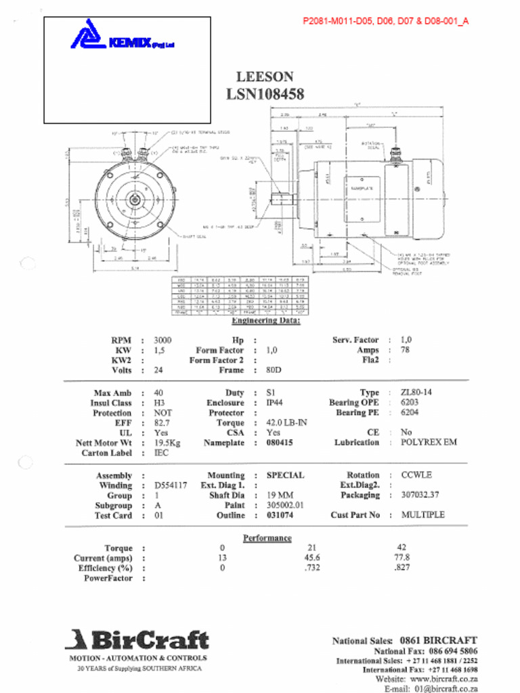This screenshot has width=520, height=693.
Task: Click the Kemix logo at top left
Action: coord(122,39)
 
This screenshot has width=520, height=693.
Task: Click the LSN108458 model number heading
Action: coord(265,94)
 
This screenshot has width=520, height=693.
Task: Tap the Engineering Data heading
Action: coord(265,320)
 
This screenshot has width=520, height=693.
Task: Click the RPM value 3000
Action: coord(162,340)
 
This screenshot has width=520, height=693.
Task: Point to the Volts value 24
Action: coord(158,370)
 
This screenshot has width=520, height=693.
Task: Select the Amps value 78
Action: coord(405,350)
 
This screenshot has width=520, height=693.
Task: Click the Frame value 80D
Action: coord(274,370)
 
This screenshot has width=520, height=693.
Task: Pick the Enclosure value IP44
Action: coord(275,403)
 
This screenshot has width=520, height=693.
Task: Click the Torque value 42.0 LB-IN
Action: coord(286,422)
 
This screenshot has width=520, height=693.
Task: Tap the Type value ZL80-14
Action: coord(416,393)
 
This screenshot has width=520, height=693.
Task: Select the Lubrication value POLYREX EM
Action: coord(429,442)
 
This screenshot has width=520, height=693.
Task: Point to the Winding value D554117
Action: coord(171,485)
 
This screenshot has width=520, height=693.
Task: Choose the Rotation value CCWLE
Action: coord(416,475)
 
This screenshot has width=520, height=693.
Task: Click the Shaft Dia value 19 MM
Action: coord(280,495)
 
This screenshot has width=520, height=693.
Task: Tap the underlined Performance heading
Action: coord(267,538)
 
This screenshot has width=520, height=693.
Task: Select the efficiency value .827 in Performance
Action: coord(402,568)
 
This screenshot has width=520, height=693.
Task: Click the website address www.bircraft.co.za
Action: coord(443,679)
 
